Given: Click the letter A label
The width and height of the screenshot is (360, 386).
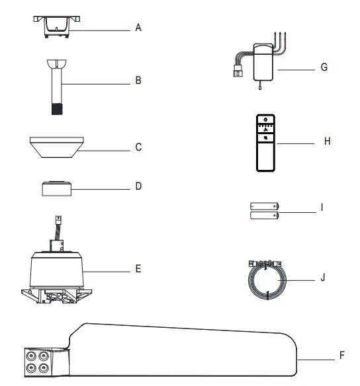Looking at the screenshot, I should pos(138,28).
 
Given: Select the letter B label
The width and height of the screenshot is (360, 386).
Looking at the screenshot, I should pos(138,82).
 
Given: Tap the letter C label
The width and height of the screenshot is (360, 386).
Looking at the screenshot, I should pos(138,147).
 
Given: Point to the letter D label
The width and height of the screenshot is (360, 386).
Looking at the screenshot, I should pos(138,186).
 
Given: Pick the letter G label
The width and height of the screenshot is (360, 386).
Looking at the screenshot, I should pos(324,68).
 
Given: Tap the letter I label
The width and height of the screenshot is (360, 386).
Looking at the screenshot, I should pos(321,207).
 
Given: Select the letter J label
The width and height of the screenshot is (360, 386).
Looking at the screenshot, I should pos(322,277).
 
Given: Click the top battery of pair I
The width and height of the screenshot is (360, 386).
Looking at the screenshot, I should pos(263,206).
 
